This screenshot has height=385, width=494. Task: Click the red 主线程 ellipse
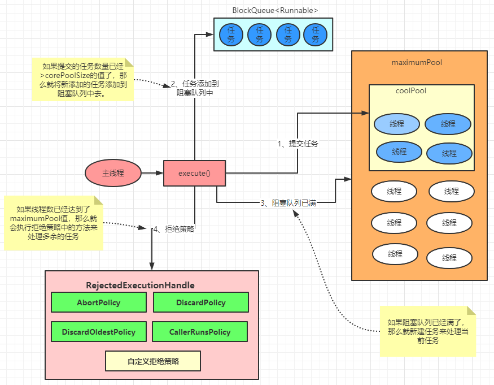(x=113, y=172)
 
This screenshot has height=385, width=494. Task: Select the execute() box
(x=194, y=173)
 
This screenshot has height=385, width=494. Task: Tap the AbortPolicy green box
(x=99, y=302)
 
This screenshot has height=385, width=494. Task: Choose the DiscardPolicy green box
(x=200, y=302)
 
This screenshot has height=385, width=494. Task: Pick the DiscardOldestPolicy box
(x=99, y=332)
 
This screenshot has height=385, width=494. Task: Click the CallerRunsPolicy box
(x=200, y=332)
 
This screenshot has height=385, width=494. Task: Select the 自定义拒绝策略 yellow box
(x=153, y=361)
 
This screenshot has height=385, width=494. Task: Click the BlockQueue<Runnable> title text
(x=275, y=10)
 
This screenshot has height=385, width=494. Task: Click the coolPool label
(x=411, y=90)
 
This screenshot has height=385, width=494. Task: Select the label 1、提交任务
(x=298, y=144)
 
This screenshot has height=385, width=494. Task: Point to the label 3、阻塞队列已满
(x=288, y=203)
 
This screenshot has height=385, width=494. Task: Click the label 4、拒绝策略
(x=174, y=228)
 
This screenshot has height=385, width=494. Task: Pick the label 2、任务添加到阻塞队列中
(x=195, y=89)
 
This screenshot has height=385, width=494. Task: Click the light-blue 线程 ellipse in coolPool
(x=396, y=124)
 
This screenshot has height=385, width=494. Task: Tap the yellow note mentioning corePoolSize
(x=83, y=79)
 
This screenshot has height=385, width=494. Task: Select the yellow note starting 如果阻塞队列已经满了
(x=427, y=331)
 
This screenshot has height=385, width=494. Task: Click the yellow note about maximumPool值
(x=54, y=223)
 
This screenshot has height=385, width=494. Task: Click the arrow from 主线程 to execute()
(x=151, y=172)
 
